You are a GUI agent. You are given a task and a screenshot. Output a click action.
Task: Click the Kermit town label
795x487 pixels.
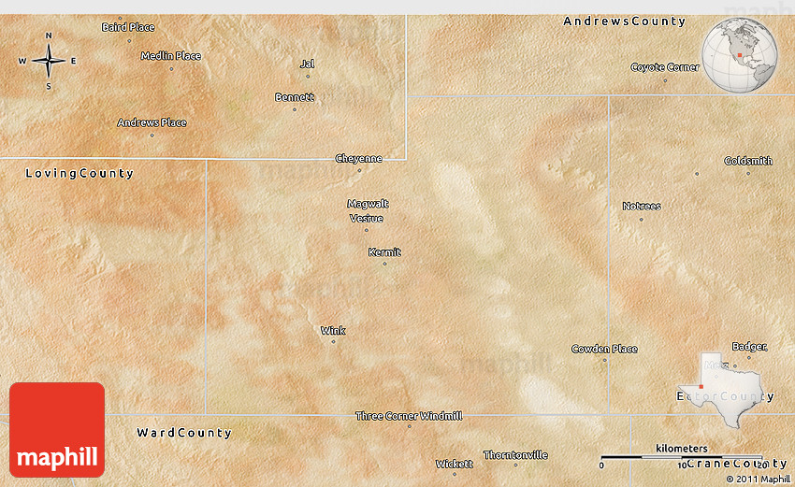(x=384, y=252)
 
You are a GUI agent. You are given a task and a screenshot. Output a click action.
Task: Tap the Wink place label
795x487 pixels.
(x=333, y=331)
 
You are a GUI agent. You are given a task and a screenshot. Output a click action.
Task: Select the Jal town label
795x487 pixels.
(x=307, y=64)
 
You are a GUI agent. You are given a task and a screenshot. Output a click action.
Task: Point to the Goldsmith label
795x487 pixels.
(x=748, y=161)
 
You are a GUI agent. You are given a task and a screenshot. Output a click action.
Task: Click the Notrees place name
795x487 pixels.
(x=642, y=207)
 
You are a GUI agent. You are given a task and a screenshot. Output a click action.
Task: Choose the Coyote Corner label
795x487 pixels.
(x=665, y=67)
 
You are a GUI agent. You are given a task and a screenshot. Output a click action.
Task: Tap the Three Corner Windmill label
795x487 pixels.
(x=409, y=415)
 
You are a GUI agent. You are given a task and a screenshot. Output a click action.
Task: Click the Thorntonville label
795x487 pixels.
(x=515, y=455)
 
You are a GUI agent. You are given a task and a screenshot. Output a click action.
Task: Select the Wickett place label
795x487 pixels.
(x=455, y=464)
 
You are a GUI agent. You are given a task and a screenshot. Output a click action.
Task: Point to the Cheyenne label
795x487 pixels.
(x=359, y=159)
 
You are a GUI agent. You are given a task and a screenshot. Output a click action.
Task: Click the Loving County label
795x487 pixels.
(x=79, y=174)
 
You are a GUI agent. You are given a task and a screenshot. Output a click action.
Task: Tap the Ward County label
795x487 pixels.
(x=184, y=433)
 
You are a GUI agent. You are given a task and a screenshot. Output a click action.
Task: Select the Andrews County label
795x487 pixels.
(x=624, y=21)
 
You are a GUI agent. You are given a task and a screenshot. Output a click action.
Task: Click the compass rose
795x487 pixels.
(x=49, y=61)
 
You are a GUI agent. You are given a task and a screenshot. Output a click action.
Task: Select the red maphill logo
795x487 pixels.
(x=57, y=429)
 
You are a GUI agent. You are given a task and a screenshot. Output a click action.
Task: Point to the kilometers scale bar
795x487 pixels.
(x=681, y=456)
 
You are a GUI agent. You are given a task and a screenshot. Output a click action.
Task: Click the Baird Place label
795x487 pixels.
(x=128, y=27)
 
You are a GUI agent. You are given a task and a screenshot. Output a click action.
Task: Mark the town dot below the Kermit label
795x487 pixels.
(x=384, y=264)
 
